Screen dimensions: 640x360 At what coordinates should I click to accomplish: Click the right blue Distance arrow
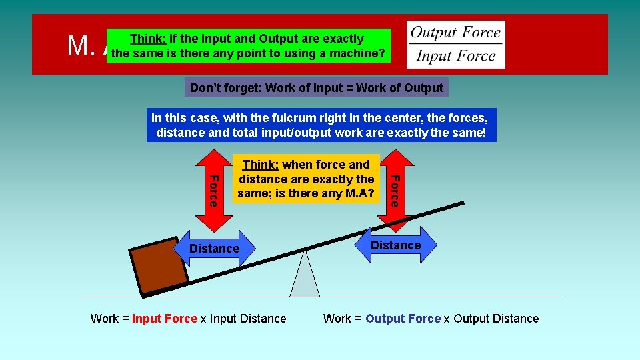[x=395, y=245]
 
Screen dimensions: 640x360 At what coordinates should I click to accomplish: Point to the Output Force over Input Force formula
[x=456, y=44]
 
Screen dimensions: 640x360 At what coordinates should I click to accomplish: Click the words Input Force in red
[x=165, y=319]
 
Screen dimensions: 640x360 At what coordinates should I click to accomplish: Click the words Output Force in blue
[x=403, y=319]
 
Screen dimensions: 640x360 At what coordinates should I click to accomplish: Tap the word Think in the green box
[x=148, y=39]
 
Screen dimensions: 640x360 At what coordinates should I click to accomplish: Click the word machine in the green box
[x=357, y=53]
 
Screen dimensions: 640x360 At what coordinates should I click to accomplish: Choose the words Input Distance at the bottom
[x=248, y=319]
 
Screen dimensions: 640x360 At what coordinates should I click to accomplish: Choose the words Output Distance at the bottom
[x=496, y=319]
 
